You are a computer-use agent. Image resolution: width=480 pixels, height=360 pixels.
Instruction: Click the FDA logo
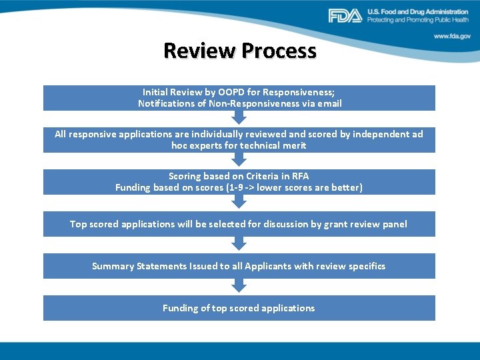tap(345, 15)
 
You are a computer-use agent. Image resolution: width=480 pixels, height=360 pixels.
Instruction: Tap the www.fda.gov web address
tap(452, 37)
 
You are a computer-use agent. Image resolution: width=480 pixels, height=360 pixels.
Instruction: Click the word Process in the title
tap(279, 51)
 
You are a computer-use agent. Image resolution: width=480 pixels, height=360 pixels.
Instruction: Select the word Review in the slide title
tap(199, 51)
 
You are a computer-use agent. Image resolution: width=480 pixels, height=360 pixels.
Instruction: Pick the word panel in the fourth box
tap(393, 224)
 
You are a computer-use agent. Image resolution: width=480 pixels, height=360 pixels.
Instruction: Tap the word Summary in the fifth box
tap(112, 266)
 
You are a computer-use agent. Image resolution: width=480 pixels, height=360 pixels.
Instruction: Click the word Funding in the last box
tap(179, 308)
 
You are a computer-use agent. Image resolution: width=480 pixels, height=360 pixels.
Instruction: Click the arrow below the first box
tap(239, 119)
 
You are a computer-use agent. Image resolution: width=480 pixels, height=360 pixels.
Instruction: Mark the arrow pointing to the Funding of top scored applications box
tap(239, 287)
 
